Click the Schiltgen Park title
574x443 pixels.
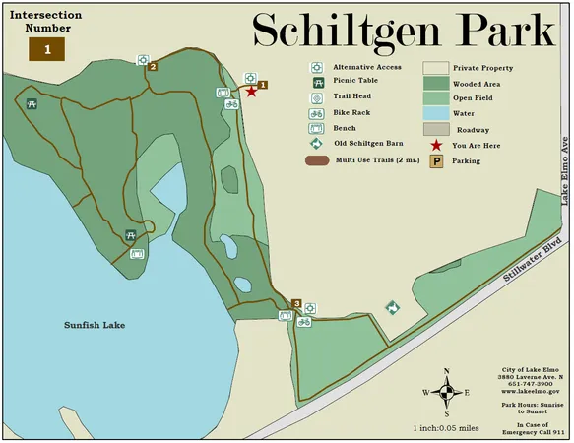[x=404, y=32]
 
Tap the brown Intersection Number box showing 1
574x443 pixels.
[x=46, y=48]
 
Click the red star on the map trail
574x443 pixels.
[x=251, y=92]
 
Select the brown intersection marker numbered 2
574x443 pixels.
[x=153, y=67]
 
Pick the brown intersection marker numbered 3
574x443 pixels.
[x=297, y=302]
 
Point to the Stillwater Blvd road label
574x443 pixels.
[x=533, y=260]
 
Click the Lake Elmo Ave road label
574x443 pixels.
[x=565, y=170]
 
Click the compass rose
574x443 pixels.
[x=448, y=390]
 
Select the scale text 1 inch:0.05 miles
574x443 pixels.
[x=446, y=428]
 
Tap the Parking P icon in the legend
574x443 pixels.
[x=435, y=160]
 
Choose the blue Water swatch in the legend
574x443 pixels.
[x=435, y=114]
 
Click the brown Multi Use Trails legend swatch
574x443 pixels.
[x=317, y=159]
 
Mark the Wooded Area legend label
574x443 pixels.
[x=476, y=84]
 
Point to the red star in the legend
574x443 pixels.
[x=435, y=145]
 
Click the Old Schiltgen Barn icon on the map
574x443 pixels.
[x=392, y=308]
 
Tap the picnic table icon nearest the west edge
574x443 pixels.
[x=32, y=101]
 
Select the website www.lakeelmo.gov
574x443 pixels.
[x=530, y=391]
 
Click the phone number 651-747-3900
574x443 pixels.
[x=530, y=384]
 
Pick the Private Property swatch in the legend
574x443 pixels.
[x=435, y=68]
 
